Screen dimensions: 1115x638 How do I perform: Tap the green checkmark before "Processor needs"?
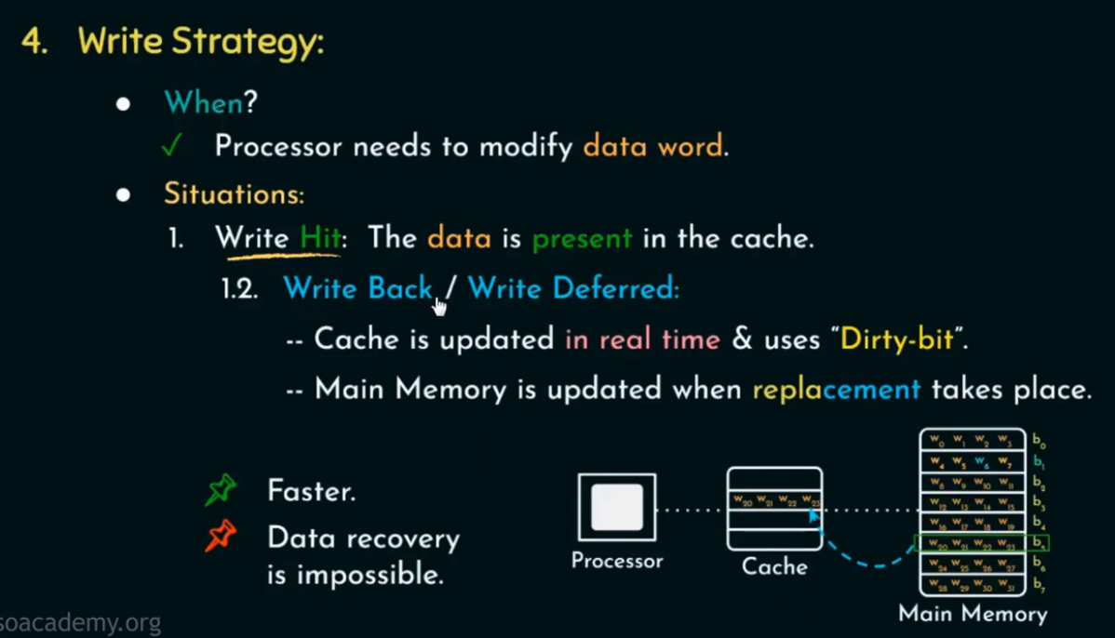(170, 146)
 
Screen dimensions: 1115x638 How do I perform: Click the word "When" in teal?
(203, 102)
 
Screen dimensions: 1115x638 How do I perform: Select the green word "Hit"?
(319, 238)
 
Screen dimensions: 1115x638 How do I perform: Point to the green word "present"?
(582, 238)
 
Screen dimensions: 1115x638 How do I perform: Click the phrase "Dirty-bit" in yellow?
(897, 339)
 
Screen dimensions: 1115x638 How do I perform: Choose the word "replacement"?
(836, 388)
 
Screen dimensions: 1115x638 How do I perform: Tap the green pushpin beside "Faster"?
(221, 489)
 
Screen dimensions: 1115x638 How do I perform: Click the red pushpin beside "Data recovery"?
(221, 538)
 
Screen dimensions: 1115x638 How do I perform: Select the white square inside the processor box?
(617, 508)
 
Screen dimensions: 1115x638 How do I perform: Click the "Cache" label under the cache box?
(774, 565)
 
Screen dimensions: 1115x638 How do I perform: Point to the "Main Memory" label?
(973, 614)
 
